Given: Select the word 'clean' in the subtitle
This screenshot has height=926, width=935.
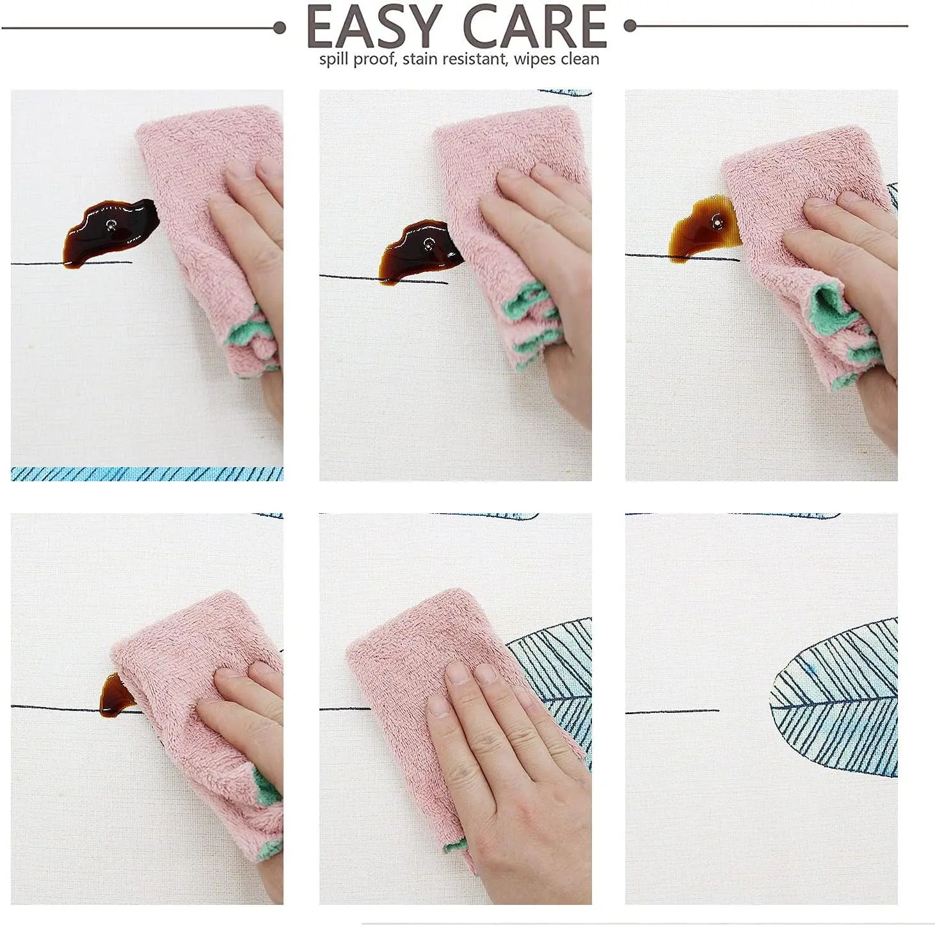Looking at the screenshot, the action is pos(580,59).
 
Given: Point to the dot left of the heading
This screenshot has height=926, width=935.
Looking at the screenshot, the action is pos(280,28).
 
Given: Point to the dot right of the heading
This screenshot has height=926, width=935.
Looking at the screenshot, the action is pos(630,25).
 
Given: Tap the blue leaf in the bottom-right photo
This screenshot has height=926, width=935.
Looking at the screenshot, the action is pos(834,698).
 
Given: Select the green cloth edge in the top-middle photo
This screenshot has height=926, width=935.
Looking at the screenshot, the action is pos(531,321).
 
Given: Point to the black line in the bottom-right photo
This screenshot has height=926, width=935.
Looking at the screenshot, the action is pos(673,712).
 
